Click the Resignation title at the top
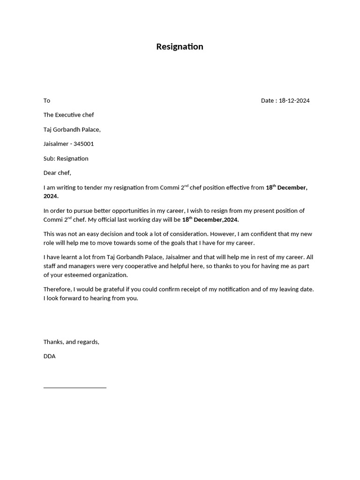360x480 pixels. pyautogui.click(x=180, y=46)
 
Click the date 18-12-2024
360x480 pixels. pyautogui.click(x=294, y=100)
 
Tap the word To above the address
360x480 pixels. pyautogui.click(x=47, y=100)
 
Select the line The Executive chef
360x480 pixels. pyautogui.click(x=68, y=115)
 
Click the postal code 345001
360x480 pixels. pyautogui.click(x=83, y=144)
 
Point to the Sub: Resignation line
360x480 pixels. pyautogui.click(x=66, y=158)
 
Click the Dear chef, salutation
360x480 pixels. pyautogui.click(x=57, y=173)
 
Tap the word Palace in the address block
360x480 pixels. pyautogui.click(x=90, y=129)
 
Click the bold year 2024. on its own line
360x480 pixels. pyautogui.click(x=51, y=196)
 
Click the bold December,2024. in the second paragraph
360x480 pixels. pyautogui.click(x=216, y=220)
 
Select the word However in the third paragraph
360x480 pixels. pyautogui.click(x=223, y=234)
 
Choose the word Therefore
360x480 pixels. pyautogui.click(x=58, y=289)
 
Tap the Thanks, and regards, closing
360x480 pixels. pyautogui.click(x=71, y=342)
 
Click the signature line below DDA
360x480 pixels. pyautogui.click(x=75, y=387)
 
